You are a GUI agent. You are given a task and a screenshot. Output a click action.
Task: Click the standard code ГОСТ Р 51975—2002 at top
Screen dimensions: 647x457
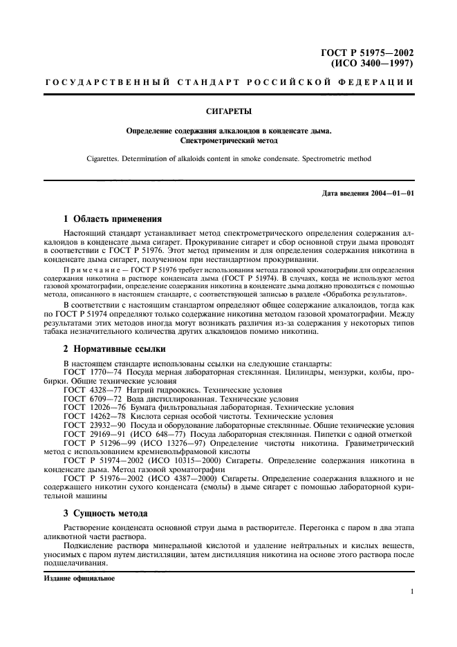click(367, 53)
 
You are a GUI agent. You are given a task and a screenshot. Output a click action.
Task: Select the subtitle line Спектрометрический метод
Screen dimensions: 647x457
click(228, 141)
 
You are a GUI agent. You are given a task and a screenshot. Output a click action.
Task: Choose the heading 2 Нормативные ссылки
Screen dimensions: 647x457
click(114, 349)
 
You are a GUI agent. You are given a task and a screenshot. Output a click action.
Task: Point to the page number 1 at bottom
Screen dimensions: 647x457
click(411, 592)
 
